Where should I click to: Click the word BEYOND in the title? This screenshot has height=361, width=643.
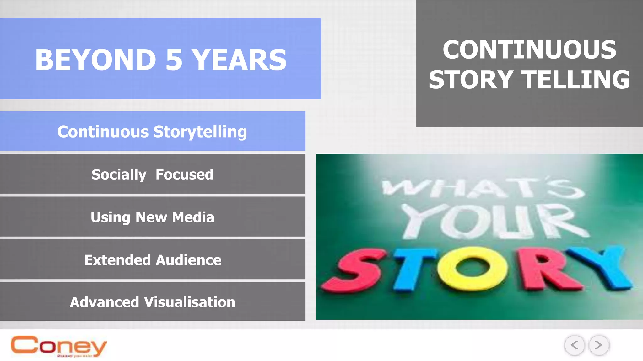click(x=95, y=60)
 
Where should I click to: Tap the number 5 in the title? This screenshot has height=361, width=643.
click(x=174, y=60)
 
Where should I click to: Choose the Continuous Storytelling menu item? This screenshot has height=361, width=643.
click(x=152, y=131)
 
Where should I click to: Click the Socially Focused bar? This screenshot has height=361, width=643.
click(x=152, y=174)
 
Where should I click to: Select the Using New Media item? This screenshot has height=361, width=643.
click(x=152, y=217)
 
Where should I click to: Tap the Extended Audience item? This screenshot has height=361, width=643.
click(x=152, y=259)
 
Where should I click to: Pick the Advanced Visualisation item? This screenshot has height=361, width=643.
click(x=152, y=302)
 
